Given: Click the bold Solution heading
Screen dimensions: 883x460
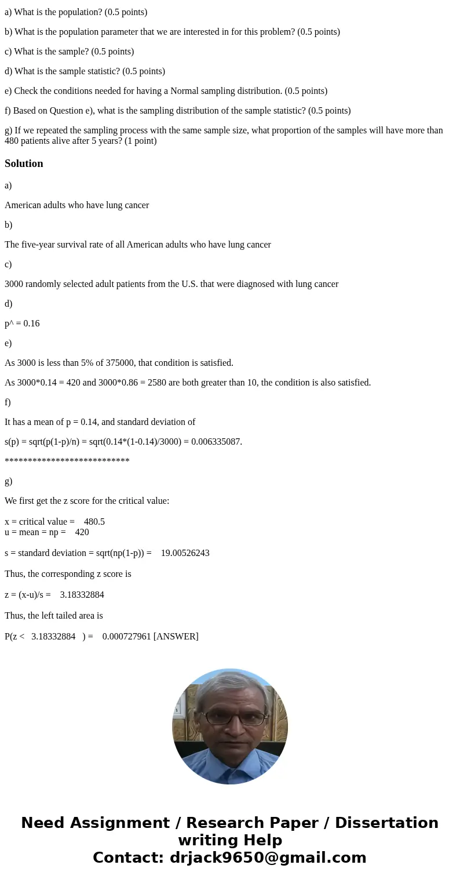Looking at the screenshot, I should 24,163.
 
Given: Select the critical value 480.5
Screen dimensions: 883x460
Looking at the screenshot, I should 94,521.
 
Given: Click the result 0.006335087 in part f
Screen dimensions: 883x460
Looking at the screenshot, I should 216,441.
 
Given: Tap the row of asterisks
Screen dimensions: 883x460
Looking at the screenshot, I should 67,462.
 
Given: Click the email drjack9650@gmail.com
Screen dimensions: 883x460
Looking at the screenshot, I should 268,857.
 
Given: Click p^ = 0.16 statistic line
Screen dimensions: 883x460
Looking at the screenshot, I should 22,323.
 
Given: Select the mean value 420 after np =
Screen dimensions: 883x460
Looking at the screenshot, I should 82,532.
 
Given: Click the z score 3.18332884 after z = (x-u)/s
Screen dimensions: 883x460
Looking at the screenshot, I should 82,594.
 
